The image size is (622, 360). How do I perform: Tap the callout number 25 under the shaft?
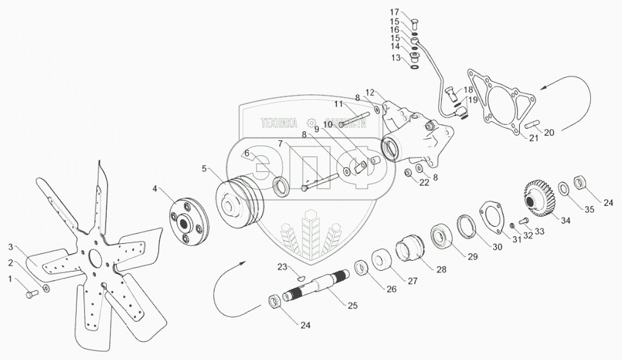pyautogui.click(x=352, y=306)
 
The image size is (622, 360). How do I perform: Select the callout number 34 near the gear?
pyautogui.click(x=566, y=221)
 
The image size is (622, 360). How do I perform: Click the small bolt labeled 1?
pyautogui.click(x=31, y=293)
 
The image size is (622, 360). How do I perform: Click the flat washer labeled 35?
pyautogui.click(x=564, y=189)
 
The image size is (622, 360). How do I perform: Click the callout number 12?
pyautogui.click(x=370, y=91)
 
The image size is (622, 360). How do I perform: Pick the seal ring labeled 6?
pyautogui.click(x=281, y=186)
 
